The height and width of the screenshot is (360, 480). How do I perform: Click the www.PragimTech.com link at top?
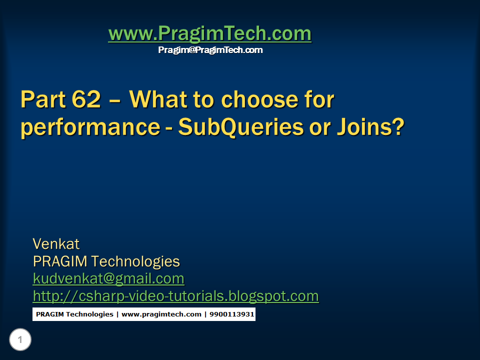209,34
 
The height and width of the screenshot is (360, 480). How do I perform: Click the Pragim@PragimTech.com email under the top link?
210,50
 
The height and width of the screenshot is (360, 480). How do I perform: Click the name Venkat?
56,244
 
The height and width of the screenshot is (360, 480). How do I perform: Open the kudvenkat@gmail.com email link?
108,278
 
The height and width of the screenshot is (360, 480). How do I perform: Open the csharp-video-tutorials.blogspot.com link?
175,296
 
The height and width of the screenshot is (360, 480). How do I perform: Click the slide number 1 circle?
20,340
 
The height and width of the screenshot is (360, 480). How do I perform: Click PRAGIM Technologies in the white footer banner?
74,314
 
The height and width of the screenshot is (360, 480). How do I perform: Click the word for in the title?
318,100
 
